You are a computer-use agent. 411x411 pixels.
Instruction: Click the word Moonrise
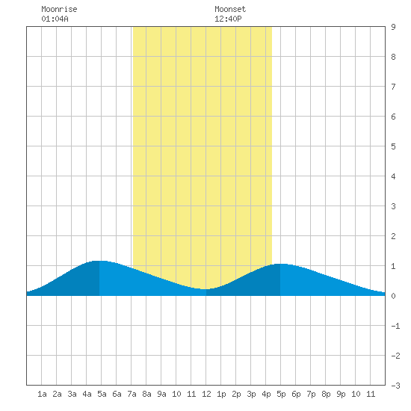[59, 9]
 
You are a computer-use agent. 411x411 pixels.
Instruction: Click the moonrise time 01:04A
[55, 19]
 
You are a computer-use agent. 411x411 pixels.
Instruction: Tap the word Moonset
[230, 9]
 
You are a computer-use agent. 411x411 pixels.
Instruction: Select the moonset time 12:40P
[228, 19]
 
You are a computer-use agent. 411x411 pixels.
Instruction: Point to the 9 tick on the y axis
[393, 27]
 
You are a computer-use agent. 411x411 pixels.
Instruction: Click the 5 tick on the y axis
[393, 146]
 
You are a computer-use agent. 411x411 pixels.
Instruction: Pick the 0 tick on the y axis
[393, 296]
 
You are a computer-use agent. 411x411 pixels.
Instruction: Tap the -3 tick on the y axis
[395, 386]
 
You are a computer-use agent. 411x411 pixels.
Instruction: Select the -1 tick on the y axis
[395, 326]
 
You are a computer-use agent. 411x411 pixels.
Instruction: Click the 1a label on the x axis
[42, 394]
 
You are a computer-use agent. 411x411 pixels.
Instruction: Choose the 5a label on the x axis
[102, 394]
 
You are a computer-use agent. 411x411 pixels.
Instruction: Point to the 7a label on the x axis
[132, 394]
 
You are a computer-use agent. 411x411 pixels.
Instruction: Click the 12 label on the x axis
[206, 394]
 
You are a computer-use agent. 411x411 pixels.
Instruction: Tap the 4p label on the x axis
[266, 394]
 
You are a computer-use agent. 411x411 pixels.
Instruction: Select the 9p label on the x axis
[341, 394]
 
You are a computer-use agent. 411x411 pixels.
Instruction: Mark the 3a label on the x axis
[72, 394]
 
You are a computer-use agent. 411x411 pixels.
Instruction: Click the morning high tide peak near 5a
[99, 261]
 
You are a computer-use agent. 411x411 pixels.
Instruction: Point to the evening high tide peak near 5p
[280, 265]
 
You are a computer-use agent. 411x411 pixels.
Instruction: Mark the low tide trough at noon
[206, 289]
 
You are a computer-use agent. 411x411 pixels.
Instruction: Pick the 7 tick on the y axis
[393, 87]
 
